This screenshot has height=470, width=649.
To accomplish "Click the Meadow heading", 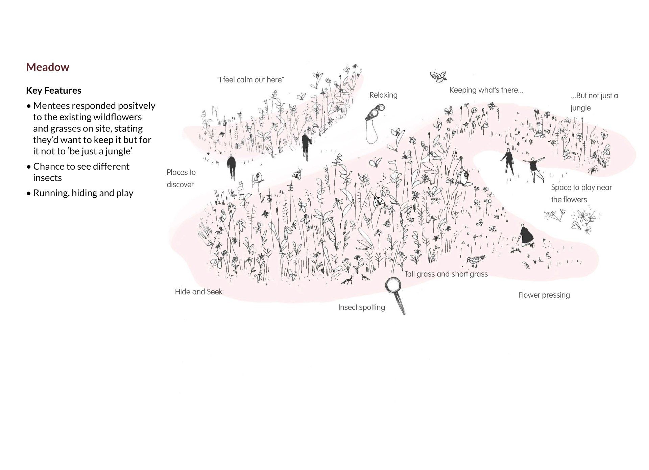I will coord(48,67).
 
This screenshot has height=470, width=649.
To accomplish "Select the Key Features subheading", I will coord(54,91).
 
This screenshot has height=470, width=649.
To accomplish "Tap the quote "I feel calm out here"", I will coord(250,80).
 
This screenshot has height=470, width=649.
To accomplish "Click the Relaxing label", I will coord(383,95).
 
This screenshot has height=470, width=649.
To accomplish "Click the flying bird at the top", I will coord(438,77).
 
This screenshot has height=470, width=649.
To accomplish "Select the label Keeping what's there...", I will coord(486,90).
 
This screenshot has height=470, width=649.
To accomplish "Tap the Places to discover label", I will coord(181,178).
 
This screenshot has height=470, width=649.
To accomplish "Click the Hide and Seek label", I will coord(198,292).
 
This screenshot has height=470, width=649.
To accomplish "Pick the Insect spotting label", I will coord(361,307).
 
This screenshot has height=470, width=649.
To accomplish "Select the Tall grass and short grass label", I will coord(446,274).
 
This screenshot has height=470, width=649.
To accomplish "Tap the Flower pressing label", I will coord(544,295).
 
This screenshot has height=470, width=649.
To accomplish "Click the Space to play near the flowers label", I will coord(581,194).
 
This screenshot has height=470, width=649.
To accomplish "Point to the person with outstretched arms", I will coord(534,167).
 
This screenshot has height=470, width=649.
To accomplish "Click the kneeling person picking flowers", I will coord(526,235).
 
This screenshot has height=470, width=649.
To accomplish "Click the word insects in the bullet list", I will coord(47,178).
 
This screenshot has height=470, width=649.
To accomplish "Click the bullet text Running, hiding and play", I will coord(83,193).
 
